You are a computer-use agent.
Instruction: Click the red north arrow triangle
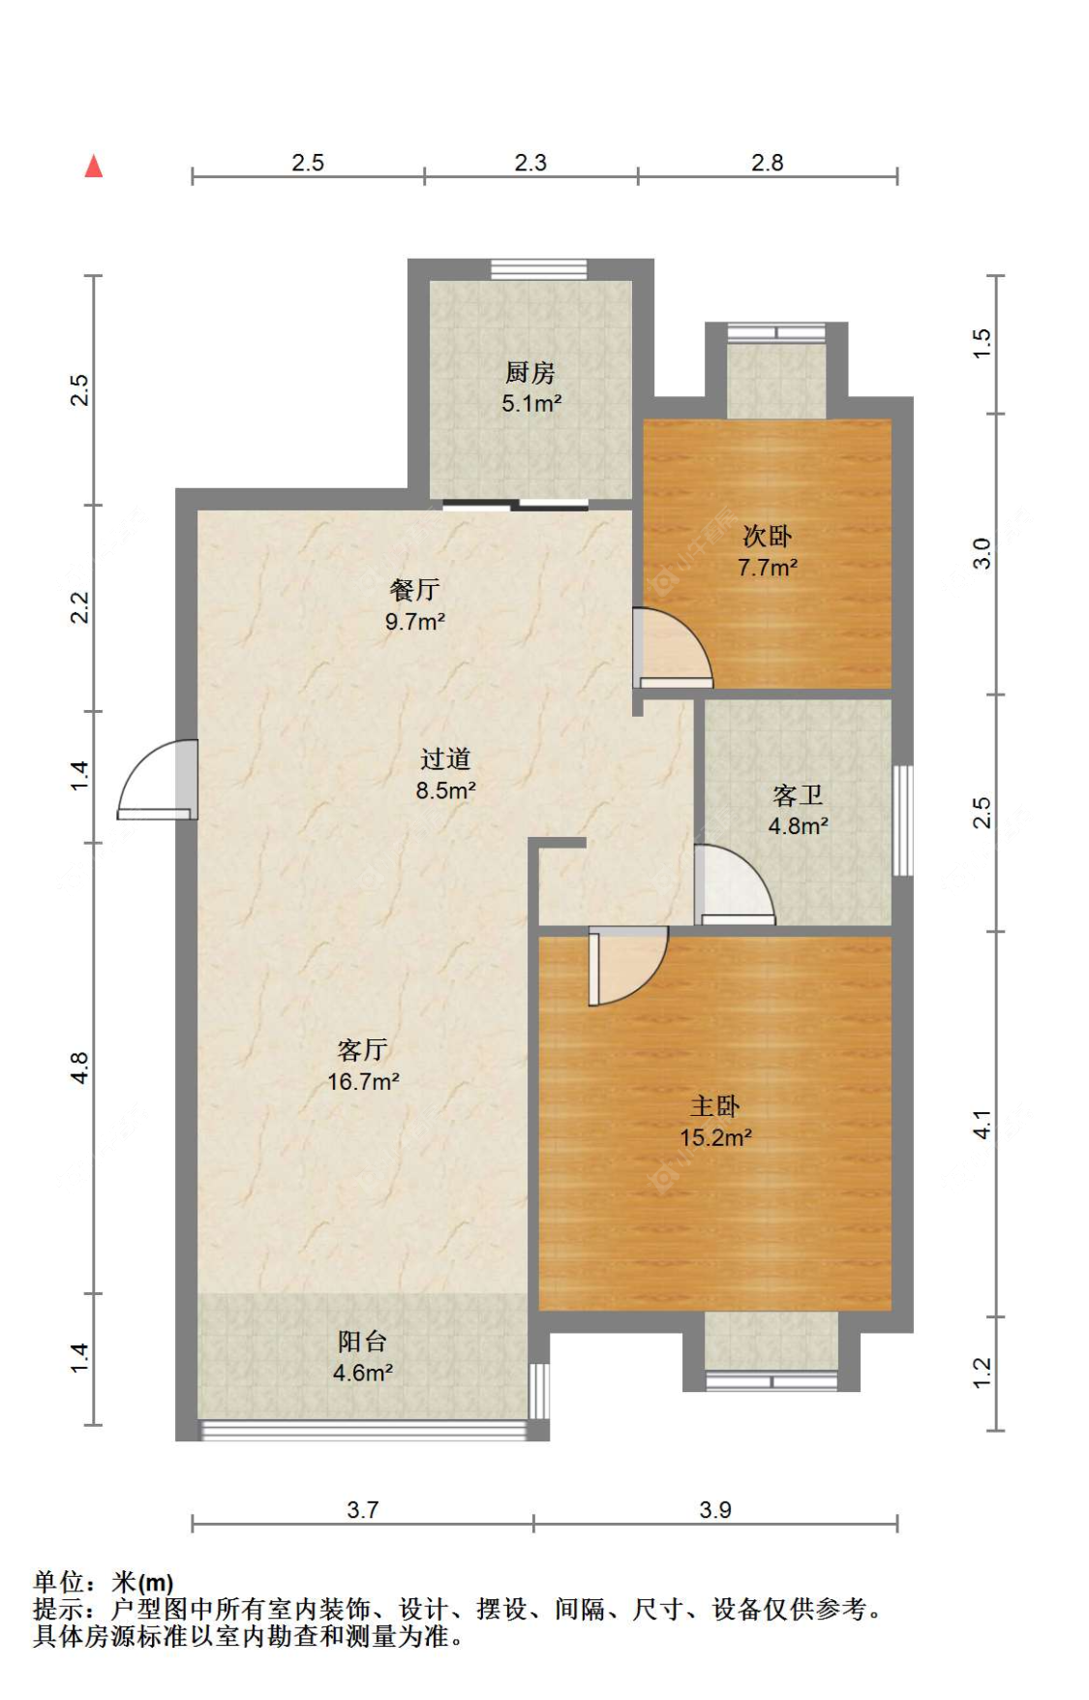(94, 167)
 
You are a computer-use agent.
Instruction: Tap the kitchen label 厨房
(529, 373)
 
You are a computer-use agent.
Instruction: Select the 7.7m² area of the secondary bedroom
(767, 568)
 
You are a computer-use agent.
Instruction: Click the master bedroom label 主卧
(714, 1106)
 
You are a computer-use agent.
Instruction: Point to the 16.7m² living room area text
(363, 1082)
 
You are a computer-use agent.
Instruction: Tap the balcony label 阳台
(362, 1342)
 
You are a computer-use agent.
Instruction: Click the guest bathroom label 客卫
(798, 795)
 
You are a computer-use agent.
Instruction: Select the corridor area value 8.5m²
(445, 790)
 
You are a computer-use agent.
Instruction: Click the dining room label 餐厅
(414, 590)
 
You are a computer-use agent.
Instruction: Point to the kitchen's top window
(538, 268)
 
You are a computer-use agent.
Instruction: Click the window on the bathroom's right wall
(902, 820)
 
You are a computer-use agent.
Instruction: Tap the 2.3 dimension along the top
(529, 163)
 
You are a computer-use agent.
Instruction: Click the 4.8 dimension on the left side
(79, 1067)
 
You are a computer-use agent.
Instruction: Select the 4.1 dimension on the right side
(982, 1124)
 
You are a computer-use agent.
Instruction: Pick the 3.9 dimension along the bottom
(715, 1509)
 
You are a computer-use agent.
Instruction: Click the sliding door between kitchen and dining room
(515, 504)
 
